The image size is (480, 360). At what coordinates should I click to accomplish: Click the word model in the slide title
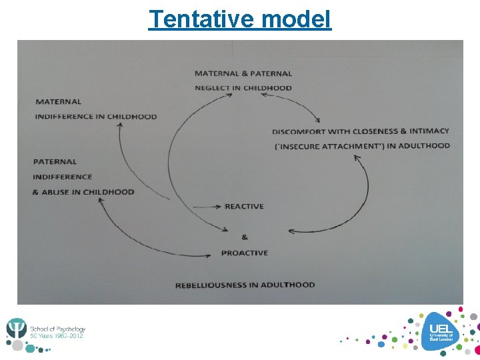tap(296, 19)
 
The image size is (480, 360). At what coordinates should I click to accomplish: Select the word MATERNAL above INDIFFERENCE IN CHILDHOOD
tap(59, 102)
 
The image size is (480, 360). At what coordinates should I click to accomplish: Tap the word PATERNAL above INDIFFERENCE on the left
tap(55, 161)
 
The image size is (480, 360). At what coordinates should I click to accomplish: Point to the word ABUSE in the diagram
tap(61, 192)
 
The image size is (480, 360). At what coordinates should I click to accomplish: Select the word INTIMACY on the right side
tap(429, 131)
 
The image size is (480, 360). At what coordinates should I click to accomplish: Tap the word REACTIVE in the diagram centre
tap(245, 206)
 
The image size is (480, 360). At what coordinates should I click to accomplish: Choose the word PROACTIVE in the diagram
tap(245, 253)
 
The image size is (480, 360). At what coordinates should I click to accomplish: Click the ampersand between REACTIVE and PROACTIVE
tap(244, 237)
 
